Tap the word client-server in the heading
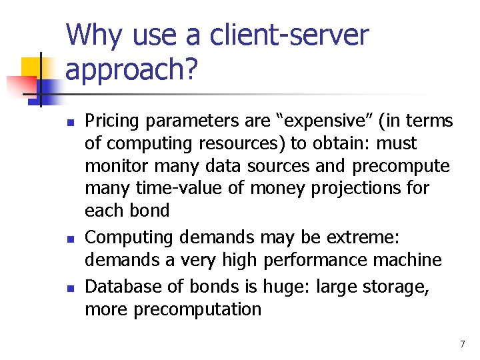tap(289, 35)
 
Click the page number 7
tap(462, 344)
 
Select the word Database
tap(121, 287)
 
